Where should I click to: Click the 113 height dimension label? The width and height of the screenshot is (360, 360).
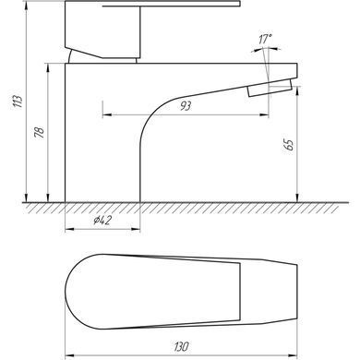tap(18, 102)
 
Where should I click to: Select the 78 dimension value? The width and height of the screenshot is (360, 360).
tap(40, 132)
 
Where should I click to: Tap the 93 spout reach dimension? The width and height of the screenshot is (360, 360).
tap(186, 106)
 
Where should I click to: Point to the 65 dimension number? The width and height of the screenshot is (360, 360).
tap(289, 145)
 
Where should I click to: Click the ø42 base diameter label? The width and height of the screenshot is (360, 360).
tap(102, 221)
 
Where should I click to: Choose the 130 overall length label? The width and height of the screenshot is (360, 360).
tap(181, 347)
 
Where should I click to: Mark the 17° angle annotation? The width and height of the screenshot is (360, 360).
tap(265, 40)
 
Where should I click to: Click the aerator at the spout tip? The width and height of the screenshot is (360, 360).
tap(270, 89)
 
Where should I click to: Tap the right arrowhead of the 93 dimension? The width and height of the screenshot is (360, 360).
tap(264, 115)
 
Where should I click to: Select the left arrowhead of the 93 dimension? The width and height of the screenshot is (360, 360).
tap(107, 115)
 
